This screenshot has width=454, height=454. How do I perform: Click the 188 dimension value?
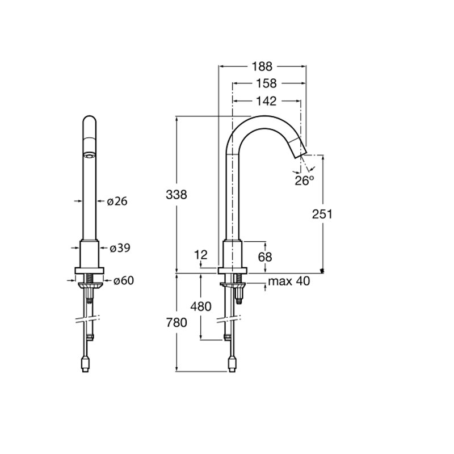pyautogui.click(x=262, y=66)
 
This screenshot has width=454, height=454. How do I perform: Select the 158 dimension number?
pyautogui.click(x=266, y=83)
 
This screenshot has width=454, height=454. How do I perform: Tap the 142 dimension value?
pyautogui.click(x=266, y=101)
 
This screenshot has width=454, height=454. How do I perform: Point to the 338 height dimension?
pyautogui.click(x=176, y=195)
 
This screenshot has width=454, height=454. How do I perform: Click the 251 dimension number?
pyautogui.click(x=322, y=214)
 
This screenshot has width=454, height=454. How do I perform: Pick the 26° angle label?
pyautogui.click(x=304, y=180)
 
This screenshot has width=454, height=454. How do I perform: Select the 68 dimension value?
pyautogui.click(x=265, y=257)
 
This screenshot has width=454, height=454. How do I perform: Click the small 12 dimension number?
pyautogui.click(x=201, y=255)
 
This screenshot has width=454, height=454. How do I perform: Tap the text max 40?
pyautogui.click(x=289, y=281)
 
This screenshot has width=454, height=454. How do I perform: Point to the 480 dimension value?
pyautogui.click(x=201, y=306)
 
